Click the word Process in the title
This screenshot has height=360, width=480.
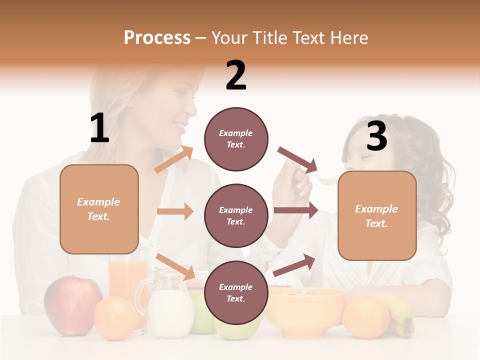click(x=157, y=37)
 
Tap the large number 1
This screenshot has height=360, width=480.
click(x=99, y=128)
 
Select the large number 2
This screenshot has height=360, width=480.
click(x=236, y=75)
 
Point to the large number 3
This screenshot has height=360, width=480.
click(x=376, y=136)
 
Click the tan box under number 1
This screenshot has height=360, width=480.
click(x=99, y=209)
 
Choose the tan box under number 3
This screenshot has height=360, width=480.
click(x=377, y=215)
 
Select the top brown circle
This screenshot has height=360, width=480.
click(x=236, y=139)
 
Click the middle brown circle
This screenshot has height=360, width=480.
click(x=236, y=215)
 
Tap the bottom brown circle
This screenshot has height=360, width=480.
click(x=236, y=292)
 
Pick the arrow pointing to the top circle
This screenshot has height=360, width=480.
click(x=174, y=159)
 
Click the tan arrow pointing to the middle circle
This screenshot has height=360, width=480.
click(x=175, y=211)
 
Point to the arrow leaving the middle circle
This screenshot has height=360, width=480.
click(x=295, y=210)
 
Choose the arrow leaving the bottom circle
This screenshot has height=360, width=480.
click(x=294, y=265)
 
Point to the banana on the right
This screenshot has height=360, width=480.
click(x=402, y=315)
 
